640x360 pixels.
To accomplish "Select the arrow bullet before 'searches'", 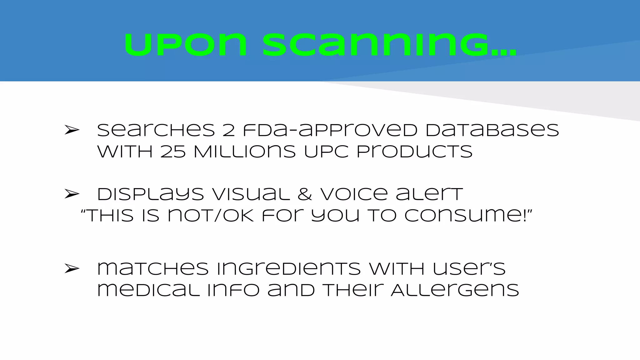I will click(x=72, y=130).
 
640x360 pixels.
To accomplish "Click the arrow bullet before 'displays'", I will click(x=72, y=194).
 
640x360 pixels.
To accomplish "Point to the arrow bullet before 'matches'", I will click(x=72, y=268).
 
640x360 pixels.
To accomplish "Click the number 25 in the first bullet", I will click(x=173, y=152).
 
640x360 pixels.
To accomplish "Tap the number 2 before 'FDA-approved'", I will click(x=228, y=130).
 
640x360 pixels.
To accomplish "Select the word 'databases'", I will click(x=492, y=130).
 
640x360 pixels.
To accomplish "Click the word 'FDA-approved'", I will click(x=330, y=130).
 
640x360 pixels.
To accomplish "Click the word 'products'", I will click(x=414, y=152).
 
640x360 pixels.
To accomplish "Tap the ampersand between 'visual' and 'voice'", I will click(x=305, y=194).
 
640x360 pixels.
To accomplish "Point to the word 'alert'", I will click(x=429, y=194).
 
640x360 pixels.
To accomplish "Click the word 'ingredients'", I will click(x=288, y=269).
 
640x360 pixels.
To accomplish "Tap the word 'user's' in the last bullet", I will click(x=469, y=269).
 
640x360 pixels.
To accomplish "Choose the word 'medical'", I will click(x=148, y=290).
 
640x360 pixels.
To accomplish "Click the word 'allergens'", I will click(x=455, y=290).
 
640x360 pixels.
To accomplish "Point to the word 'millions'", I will click(x=244, y=152).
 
